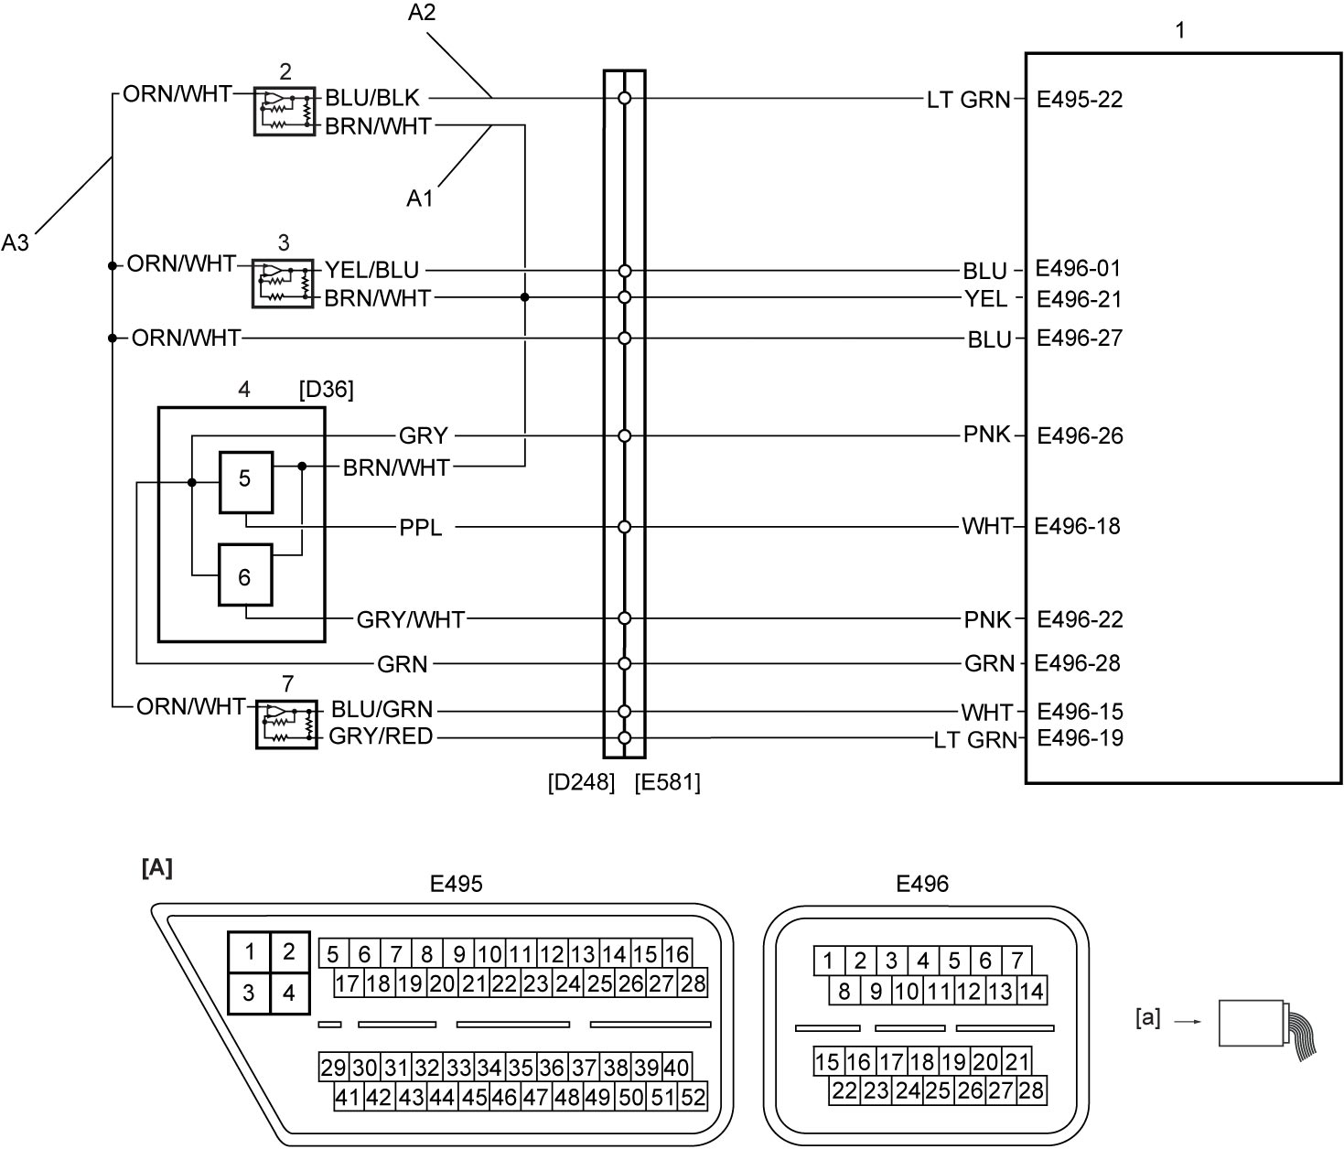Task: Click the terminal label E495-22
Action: click(x=1080, y=99)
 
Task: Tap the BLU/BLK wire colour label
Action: click(x=372, y=98)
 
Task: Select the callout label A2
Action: click(x=422, y=12)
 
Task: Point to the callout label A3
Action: click(x=15, y=242)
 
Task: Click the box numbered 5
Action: click(x=246, y=482)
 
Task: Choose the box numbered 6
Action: click(x=245, y=575)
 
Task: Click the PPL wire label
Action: click(x=420, y=527)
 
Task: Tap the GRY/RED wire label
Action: click(x=381, y=736)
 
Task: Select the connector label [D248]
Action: click(x=581, y=781)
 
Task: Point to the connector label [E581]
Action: click(x=668, y=781)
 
